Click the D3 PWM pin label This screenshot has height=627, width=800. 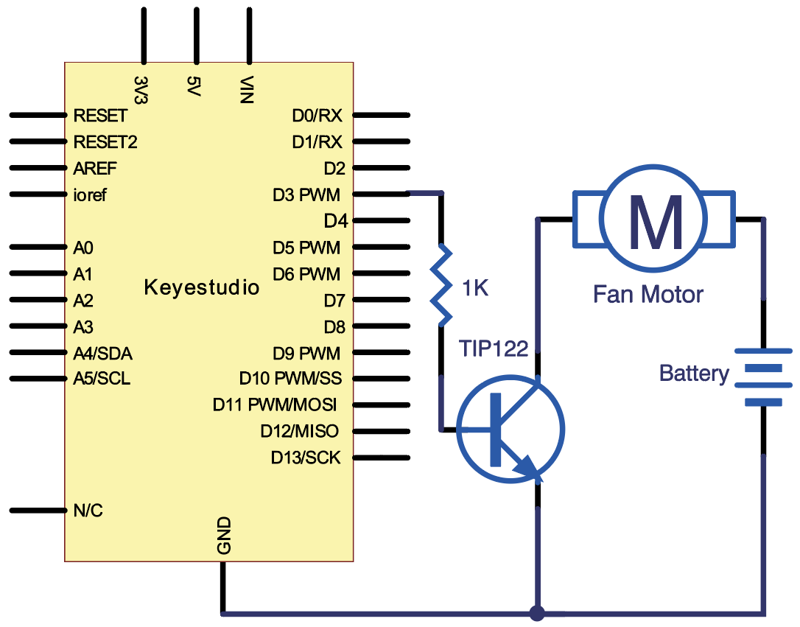pyautogui.click(x=306, y=195)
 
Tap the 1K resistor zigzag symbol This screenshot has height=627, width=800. pyautogui.click(x=442, y=286)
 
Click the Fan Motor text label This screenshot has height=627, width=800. pyautogui.click(x=648, y=295)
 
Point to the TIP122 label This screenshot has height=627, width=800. pyautogui.click(x=493, y=348)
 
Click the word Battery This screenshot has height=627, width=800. pyautogui.click(x=694, y=374)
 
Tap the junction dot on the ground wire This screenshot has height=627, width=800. pyautogui.click(x=537, y=612)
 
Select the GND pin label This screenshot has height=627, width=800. pyautogui.click(x=225, y=536)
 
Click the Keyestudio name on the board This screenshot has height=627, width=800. pyautogui.click(x=202, y=287)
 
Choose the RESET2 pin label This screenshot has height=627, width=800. pyautogui.click(x=105, y=141)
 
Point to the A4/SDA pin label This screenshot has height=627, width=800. pyautogui.click(x=103, y=354)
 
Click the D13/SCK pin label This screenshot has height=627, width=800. pyautogui.click(x=306, y=458)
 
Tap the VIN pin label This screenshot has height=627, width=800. pyautogui.click(x=248, y=90)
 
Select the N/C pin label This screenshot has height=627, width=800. pyautogui.click(x=88, y=510)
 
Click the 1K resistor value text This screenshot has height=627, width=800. pyautogui.click(x=474, y=288)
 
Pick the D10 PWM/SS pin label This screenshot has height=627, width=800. pyautogui.click(x=290, y=379)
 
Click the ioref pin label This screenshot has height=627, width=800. pyautogui.click(x=91, y=195)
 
